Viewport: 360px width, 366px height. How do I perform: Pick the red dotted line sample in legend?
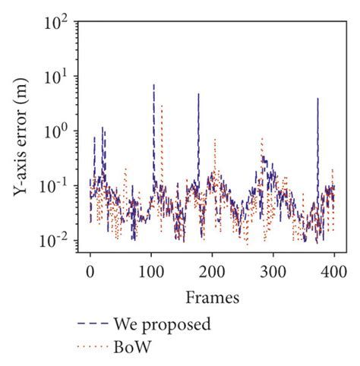(92, 348)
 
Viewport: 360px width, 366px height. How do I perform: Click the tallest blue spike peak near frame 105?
(154, 85)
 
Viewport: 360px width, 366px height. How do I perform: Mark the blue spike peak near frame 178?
(198, 93)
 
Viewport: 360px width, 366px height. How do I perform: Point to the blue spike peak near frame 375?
(318, 98)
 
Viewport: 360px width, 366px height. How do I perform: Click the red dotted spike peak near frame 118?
(162, 105)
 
